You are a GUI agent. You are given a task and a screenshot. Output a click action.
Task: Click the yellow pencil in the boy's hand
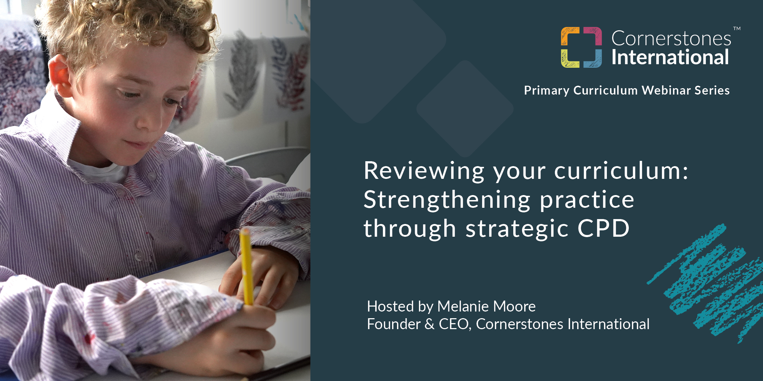coord(246,265)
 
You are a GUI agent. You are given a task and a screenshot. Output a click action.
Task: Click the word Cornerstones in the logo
coord(671,38)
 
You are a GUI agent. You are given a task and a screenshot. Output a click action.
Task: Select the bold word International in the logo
coord(670,58)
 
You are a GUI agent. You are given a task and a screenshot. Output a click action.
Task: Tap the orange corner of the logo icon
coord(569,36)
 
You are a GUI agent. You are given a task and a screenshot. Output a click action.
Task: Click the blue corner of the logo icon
coord(593,59)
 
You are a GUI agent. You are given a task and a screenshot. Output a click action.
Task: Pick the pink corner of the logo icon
coord(593,36)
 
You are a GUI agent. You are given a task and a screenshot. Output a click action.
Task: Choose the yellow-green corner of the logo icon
coord(569,59)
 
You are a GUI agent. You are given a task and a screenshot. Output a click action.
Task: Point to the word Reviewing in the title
coord(424,171)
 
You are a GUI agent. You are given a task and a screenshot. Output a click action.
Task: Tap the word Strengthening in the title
coord(447,200)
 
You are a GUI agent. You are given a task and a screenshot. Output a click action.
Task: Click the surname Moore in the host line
coord(518,307)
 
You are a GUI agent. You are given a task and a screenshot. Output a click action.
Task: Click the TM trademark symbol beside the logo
coord(737,29)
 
